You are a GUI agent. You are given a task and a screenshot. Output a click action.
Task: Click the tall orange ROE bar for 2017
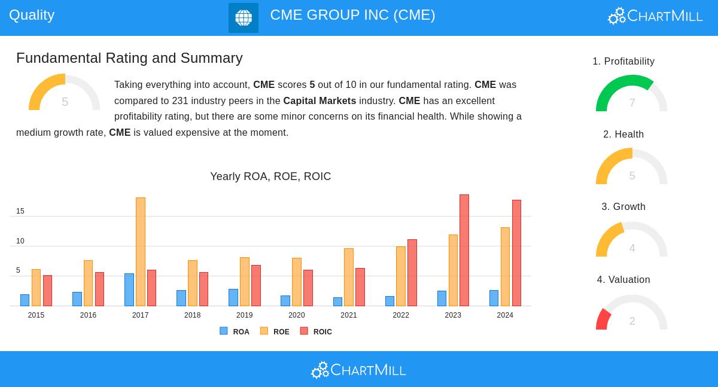click(141, 251)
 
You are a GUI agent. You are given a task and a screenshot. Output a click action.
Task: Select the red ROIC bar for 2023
click(464, 250)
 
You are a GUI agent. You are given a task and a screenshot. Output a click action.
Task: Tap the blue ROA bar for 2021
click(337, 301)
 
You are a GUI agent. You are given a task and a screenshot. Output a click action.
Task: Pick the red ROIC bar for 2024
click(516, 252)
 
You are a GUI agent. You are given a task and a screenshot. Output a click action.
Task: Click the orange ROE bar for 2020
click(297, 282)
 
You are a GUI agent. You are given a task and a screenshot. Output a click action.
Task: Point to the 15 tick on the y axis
click(20, 211)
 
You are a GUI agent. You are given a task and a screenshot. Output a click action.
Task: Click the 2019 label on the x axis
click(244, 315)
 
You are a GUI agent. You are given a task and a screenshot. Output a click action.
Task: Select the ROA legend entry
click(235, 331)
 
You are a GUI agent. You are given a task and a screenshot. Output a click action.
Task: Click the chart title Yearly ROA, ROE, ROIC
click(270, 176)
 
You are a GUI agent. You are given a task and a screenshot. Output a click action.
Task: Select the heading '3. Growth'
click(623, 207)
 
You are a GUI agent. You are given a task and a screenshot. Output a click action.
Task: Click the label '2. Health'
click(623, 135)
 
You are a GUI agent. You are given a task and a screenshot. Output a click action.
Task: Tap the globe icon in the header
click(244, 18)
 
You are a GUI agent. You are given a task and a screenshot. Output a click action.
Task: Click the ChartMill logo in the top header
click(655, 16)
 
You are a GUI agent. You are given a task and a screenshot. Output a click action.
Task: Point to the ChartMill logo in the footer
click(358, 370)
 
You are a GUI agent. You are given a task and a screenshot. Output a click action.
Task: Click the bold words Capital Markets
click(320, 101)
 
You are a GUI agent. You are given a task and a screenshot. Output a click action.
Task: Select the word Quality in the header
click(32, 15)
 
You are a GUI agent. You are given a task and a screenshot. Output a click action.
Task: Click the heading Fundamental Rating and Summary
click(129, 58)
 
